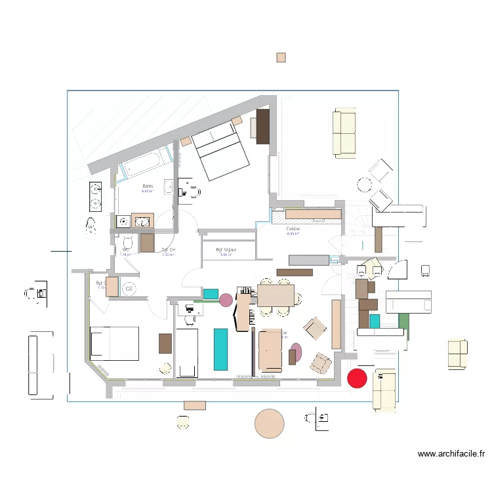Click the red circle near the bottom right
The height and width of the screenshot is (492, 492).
point(356,378)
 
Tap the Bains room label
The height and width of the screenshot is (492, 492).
point(148,187)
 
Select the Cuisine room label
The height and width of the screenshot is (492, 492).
point(293,230)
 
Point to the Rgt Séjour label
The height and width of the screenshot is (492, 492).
point(228,250)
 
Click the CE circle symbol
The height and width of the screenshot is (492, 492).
point(129,288)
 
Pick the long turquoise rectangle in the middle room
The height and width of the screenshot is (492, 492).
point(220,348)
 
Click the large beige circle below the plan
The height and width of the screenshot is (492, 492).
point(269,423)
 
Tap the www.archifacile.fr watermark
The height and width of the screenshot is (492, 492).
point(451,453)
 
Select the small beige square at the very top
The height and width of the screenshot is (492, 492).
point(281,58)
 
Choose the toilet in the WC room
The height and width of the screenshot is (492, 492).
point(128,243)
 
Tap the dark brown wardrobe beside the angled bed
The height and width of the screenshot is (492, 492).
point(263,126)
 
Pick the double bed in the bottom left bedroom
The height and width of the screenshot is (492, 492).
point(115,343)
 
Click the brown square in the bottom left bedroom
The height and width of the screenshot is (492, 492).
point(165,343)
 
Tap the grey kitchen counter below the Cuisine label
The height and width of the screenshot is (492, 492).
point(304,259)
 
